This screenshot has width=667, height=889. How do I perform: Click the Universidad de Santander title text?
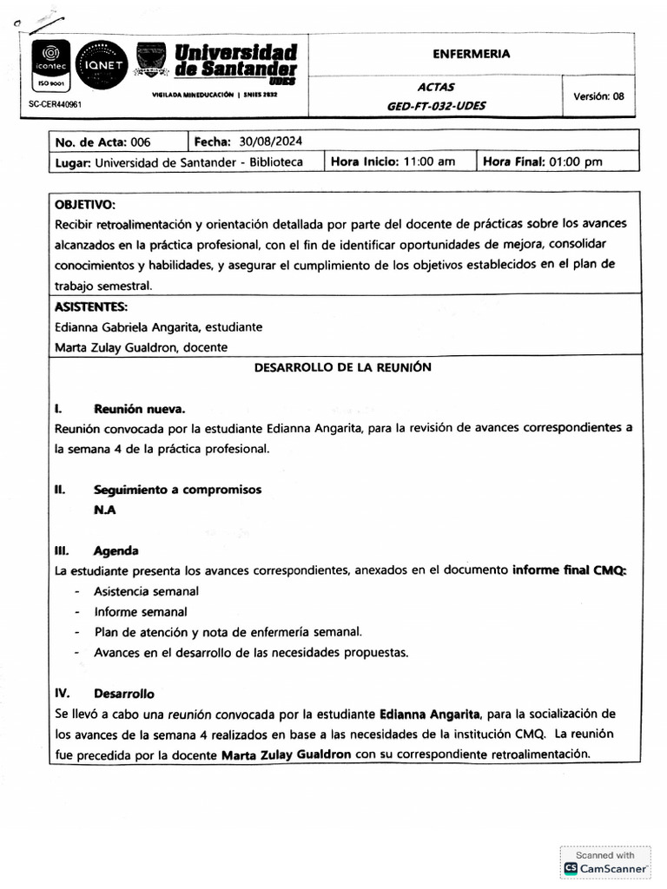pos(235,61)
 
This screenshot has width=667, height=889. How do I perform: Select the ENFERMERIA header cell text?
pos(472,54)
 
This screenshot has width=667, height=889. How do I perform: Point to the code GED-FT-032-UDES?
pos(436,106)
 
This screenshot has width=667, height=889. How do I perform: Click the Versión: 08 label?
pos(598,96)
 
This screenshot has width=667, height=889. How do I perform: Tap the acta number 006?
pos(141,142)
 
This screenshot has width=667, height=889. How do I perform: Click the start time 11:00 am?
pos(425,161)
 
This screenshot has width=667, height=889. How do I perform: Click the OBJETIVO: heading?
pos(84,205)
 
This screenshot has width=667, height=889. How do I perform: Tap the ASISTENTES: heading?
pos(91,306)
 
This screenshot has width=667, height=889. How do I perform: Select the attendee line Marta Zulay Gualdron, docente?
pos(141,346)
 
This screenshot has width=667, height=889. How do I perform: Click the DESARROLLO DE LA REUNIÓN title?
pos(342,367)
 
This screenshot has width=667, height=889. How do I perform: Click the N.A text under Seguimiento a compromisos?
pos(104,510)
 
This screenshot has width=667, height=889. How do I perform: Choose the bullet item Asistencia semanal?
pos(146,591)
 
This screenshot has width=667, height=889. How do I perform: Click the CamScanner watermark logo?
pos(605,867)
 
